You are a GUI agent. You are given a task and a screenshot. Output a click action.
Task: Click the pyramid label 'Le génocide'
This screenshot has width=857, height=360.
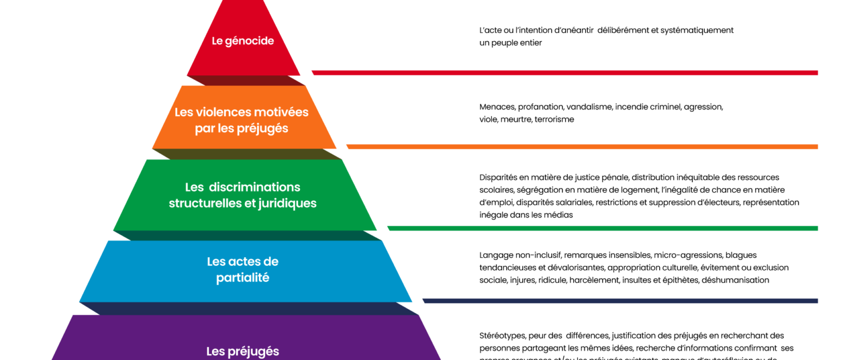[x=243, y=41]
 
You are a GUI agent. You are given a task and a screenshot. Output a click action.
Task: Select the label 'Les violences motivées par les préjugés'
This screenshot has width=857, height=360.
[x=242, y=120]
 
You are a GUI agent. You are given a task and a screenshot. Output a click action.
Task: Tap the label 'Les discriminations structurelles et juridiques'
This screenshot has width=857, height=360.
[x=243, y=195]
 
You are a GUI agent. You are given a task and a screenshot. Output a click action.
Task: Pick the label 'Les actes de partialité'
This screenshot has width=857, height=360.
[x=243, y=270]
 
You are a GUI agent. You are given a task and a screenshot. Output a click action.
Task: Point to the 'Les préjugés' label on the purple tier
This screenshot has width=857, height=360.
[x=243, y=351]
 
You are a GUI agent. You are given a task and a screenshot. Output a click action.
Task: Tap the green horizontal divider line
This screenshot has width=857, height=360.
[x=602, y=228]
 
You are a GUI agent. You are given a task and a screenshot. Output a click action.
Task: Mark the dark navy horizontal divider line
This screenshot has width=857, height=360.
[x=620, y=301]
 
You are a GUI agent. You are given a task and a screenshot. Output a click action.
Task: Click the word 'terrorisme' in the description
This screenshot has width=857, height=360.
[x=554, y=119]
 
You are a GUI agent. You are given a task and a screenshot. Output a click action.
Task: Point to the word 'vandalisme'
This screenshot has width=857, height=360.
[x=589, y=107]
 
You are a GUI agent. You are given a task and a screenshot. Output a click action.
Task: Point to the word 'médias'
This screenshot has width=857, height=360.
[x=559, y=215]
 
